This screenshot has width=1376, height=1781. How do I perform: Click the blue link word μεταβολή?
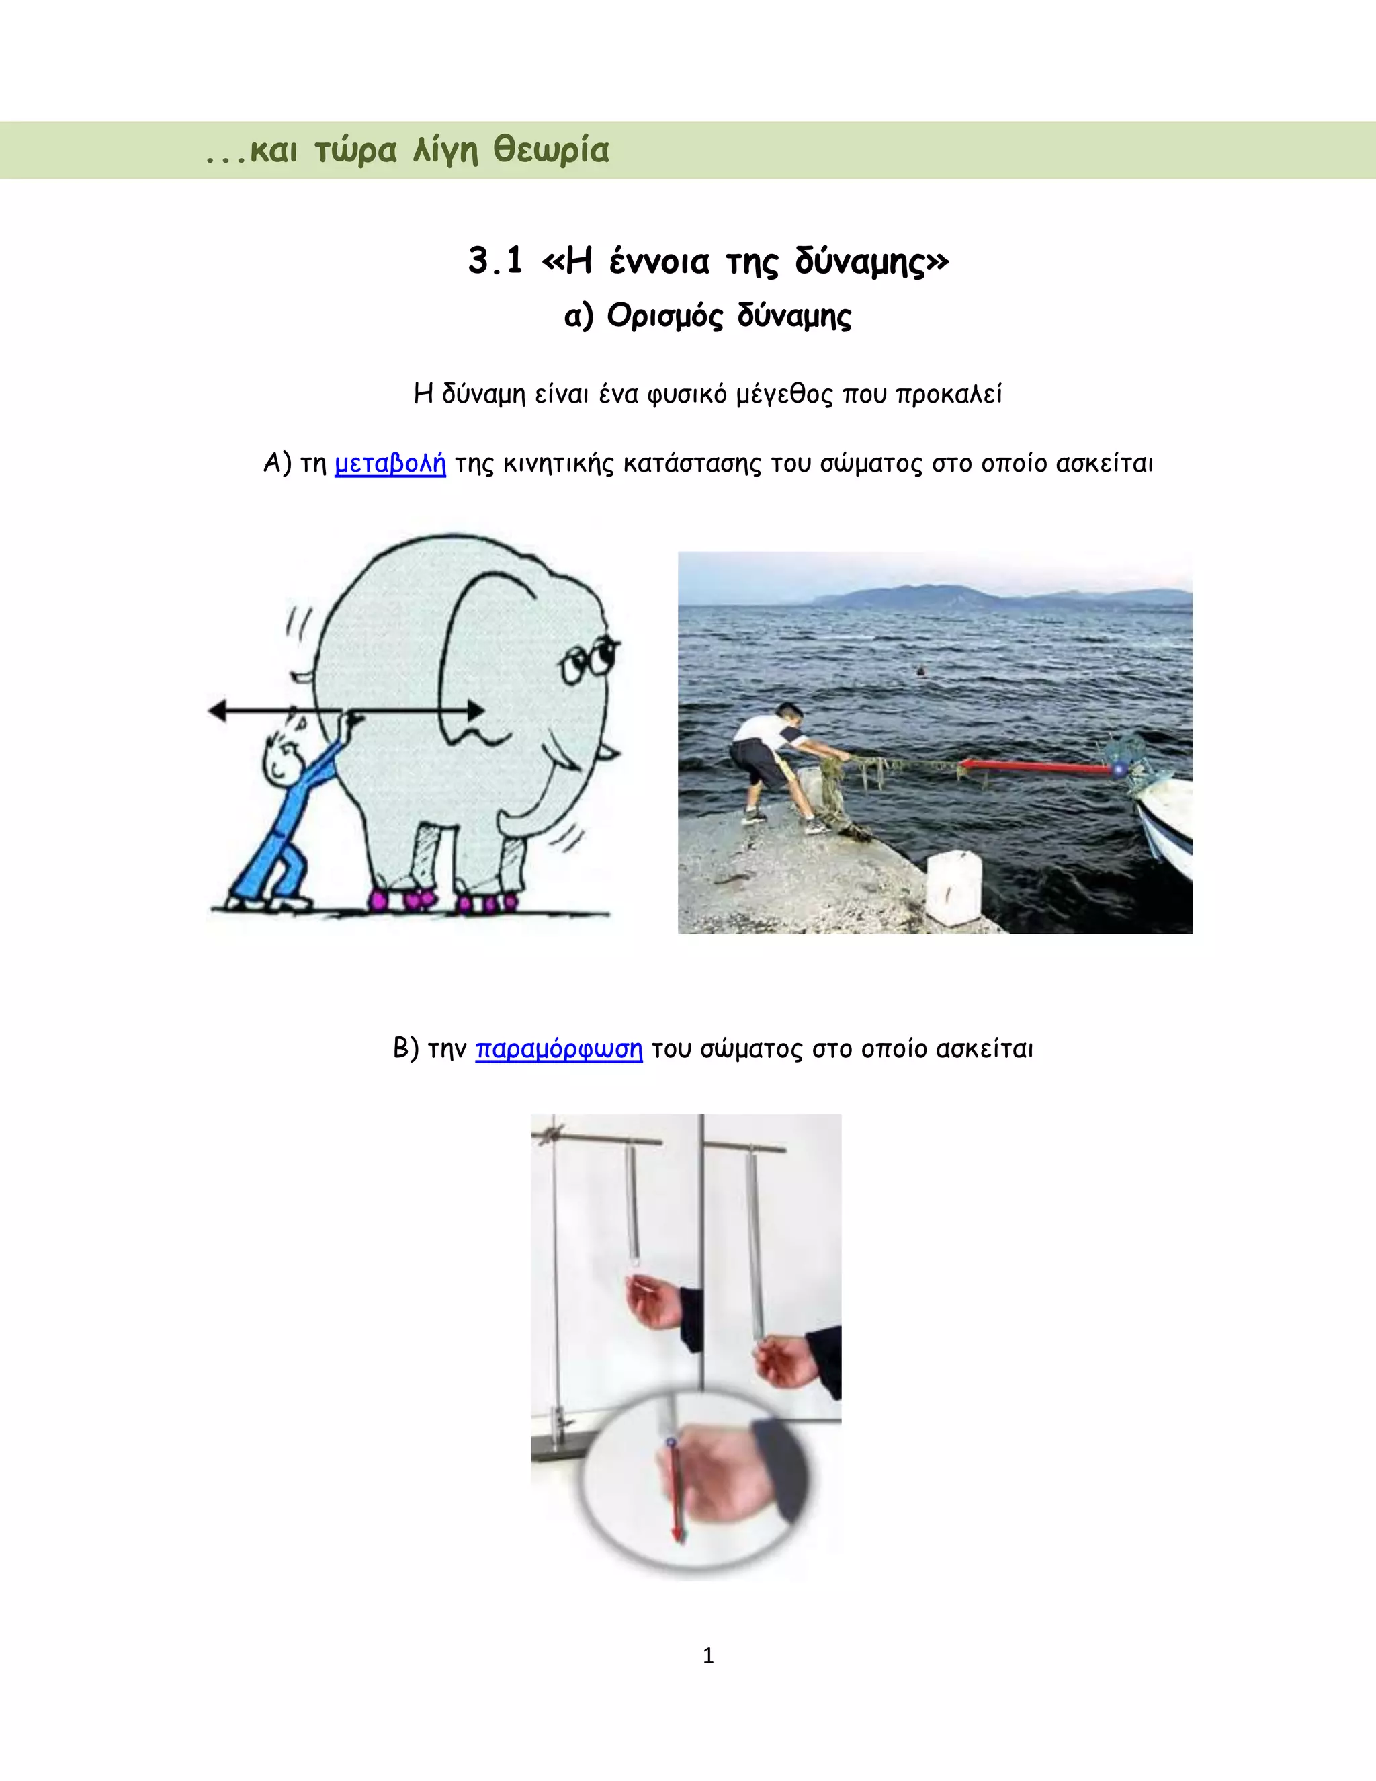[x=390, y=464]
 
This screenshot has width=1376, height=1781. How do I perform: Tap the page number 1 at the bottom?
[x=707, y=1655]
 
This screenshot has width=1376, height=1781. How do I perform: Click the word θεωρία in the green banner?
[x=551, y=151]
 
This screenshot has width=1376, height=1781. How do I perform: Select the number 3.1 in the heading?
[x=496, y=261]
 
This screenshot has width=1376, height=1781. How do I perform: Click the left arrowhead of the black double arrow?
[x=217, y=711]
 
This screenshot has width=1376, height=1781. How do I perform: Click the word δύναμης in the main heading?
[x=871, y=261]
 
